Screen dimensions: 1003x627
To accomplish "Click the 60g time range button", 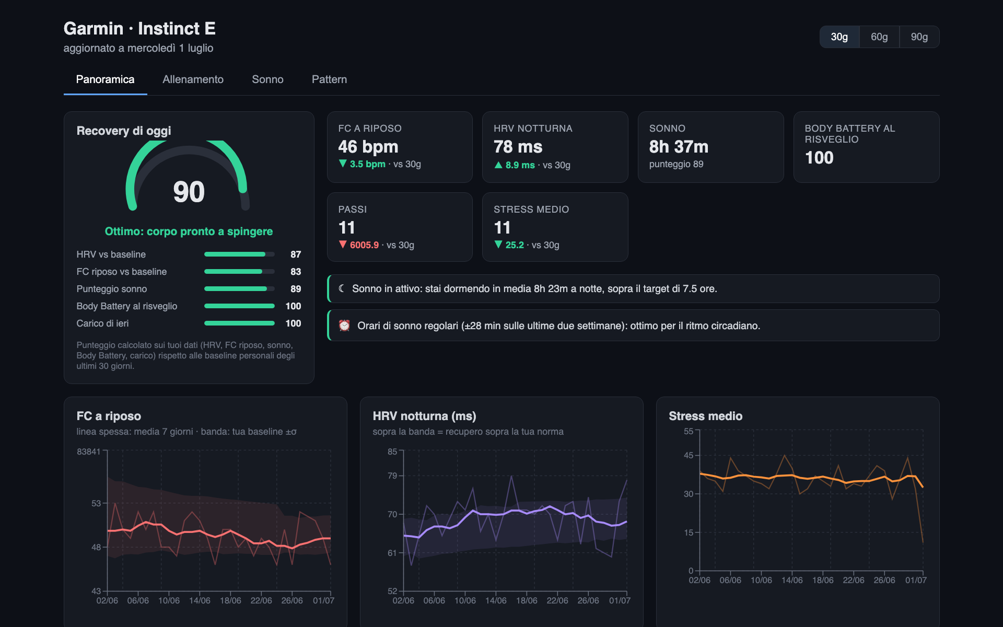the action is pyautogui.click(x=879, y=37).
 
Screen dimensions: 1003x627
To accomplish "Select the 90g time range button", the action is pyautogui.click(x=919, y=37).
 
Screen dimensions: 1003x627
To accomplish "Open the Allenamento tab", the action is pyautogui.click(x=193, y=79).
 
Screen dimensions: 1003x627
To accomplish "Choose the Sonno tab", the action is pyautogui.click(x=267, y=79).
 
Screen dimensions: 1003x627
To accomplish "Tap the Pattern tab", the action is pyautogui.click(x=329, y=79).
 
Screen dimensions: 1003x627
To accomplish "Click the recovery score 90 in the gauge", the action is pyautogui.click(x=189, y=192).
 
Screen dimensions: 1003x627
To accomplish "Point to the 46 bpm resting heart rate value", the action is pyautogui.click(x=368, y=147).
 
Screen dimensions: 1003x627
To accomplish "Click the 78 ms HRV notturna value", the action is pyautogui.click(x=518, y=147).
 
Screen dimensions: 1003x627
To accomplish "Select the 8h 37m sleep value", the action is pyautogui.click(x=679, y=147).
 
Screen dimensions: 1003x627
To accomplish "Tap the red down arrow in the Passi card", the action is pyautogui.click(x=343, y=244).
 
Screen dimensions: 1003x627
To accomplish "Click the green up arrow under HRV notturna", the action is pyautogui.click(x=498, y=165).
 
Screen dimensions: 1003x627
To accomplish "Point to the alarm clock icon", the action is pyautogui.click(x=344, y=326).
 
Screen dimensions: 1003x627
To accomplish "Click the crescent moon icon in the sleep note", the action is pyautogui.click(x=342, y=288).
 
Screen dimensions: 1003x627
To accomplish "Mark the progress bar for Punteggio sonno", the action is pyautogui.click(x=239, y=289).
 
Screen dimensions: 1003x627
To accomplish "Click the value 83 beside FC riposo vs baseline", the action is pyautogui.click(x=296, y=272).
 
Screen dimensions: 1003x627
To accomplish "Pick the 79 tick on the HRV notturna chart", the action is pyautogui.click(x=392, y=475).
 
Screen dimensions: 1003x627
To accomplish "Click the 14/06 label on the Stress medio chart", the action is pyautogui.click(x=792, y=580).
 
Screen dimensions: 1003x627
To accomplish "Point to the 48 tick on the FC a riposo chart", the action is pyautogui.click(x=96, y=547).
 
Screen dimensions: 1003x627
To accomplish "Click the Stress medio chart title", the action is pyautogui.click(x=705, y=416).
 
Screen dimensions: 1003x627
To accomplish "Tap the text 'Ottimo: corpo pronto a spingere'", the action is pyautogui.click(x=189, y=231).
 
